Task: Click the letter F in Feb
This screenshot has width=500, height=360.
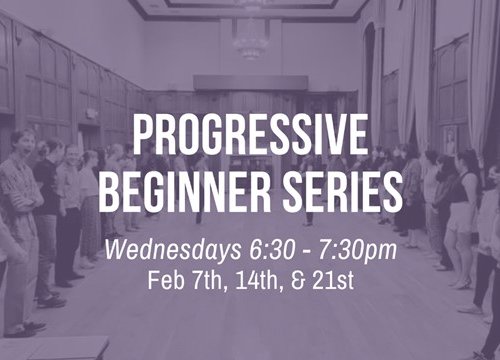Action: (152, 276)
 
